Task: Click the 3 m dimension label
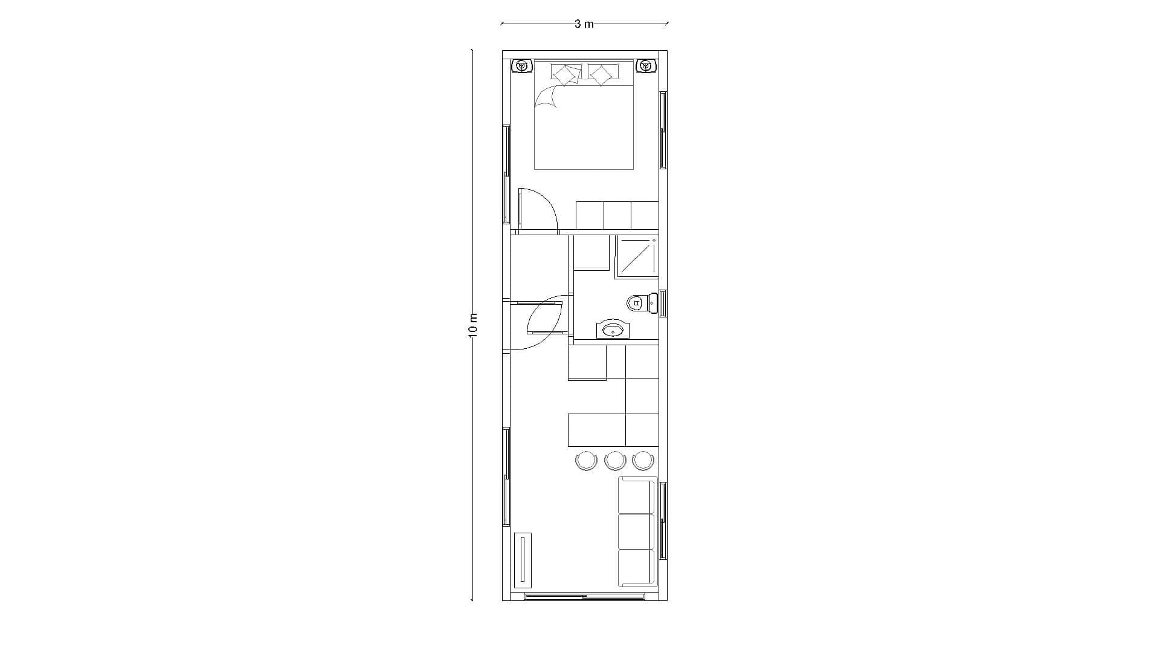point(584,24)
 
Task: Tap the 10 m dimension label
point(473,325)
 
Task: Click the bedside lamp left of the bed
point(521,66)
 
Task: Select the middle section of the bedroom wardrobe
point(617,215)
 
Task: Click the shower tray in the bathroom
point(637,256)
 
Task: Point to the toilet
point(642,302)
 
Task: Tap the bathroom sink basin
point(613,330)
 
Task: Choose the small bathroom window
point(663,303)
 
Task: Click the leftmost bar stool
point(586,461)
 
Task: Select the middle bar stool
point(615,461)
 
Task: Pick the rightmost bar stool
point(643,461)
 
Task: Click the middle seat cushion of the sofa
point(637,532)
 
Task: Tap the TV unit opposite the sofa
point(523,560)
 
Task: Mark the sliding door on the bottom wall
point(585,597)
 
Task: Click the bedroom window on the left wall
point(506,174)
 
